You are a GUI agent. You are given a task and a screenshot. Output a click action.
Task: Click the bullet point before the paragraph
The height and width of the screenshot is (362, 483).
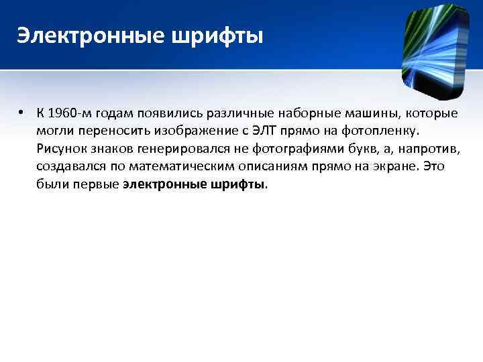(23, 112)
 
